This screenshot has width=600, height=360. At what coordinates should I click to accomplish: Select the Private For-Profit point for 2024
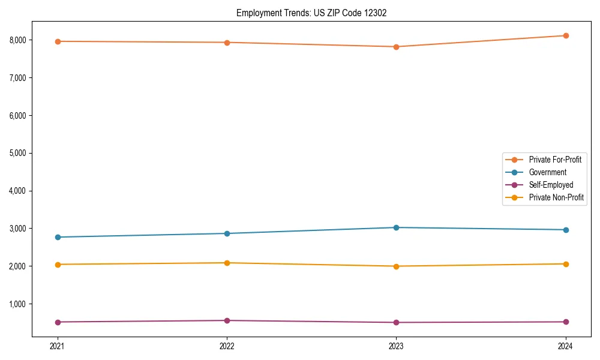[x=566, y=36]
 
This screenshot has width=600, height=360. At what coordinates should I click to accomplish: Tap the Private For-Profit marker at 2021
[x=58, y=41]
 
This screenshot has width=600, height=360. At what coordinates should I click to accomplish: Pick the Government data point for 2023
[x=396, y=227]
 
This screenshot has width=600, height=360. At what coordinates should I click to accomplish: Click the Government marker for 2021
[x=58, y=237]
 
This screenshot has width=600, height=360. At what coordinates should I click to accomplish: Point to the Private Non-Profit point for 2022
[x=227, y=263]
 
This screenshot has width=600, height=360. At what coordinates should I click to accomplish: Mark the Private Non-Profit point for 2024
[x=566, y=264]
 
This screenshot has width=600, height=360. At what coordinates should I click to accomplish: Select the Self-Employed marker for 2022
[x=227, y=320]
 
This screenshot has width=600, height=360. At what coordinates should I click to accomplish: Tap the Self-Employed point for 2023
[x=396, y=323]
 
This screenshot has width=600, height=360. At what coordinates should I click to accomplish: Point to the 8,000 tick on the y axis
[x=18, y=40]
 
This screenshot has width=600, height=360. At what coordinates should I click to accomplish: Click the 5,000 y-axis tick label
[x=18, y=153]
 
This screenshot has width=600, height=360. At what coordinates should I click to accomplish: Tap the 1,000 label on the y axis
[x=18, y=304]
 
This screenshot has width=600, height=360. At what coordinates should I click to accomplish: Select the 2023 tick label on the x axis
[x=396, y=346]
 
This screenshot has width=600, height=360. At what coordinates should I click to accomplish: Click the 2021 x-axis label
[x=58, y=346]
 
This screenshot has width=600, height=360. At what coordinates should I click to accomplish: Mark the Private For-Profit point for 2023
[x=396, y=47]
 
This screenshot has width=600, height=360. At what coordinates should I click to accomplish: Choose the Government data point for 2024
[x=566, y=230]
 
